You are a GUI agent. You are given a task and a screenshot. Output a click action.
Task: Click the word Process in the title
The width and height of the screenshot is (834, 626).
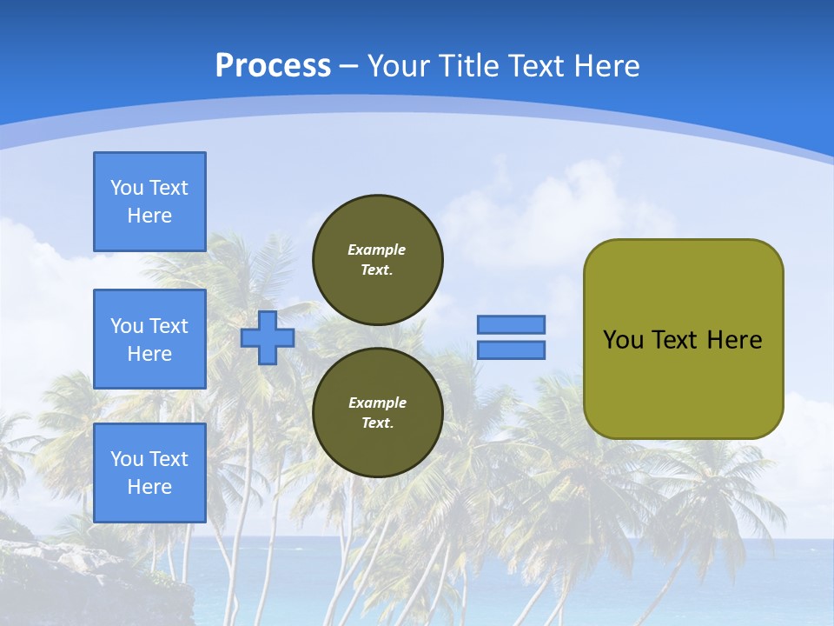[x=273, y=66]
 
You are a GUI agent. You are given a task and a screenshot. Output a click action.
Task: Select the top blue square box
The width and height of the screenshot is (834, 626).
[x=149, y=202]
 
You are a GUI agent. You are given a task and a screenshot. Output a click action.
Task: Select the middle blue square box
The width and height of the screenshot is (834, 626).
[x=149, y=339]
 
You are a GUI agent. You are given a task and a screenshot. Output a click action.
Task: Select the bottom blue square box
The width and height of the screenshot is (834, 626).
[x=149, y=473]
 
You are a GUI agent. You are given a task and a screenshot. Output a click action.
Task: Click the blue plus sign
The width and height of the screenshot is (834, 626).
[x=268, y=337]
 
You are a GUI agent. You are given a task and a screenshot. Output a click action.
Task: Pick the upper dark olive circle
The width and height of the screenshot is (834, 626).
[x=378, y=260]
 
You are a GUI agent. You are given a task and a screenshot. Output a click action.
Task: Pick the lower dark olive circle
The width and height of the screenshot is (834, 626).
[x=378, y=413]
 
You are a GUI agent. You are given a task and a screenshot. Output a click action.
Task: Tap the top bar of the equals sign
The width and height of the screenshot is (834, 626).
[x=511, y=324]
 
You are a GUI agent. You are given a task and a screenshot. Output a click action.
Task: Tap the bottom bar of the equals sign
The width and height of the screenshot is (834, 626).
[x=511, y=350]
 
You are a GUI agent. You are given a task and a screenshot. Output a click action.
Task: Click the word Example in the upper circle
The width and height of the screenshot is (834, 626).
[x=377, y=250]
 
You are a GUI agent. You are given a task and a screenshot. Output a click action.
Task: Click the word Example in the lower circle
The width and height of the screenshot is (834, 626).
[x=377, y=403]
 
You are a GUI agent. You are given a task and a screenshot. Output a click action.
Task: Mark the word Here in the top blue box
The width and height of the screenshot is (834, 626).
[x=149, y=216]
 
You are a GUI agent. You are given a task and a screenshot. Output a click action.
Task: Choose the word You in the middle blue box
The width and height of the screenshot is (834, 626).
[x=127, y=326]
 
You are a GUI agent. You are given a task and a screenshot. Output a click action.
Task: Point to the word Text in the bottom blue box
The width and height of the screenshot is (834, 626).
[x=169, y=459]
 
